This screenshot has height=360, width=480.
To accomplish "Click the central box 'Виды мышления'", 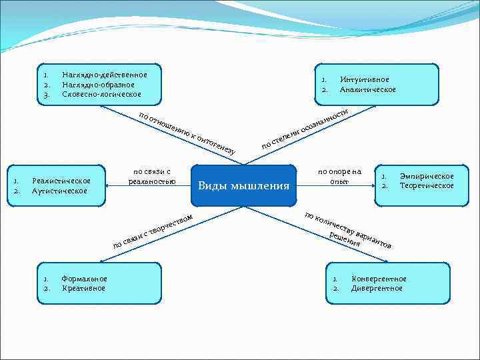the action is (243, 185).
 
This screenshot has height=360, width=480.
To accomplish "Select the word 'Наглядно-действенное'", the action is (104, 75).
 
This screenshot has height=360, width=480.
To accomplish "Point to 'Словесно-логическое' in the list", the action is (101, 94).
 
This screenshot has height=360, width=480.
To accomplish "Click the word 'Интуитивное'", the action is (364, 79).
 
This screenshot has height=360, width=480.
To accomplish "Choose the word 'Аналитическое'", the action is (367, 89).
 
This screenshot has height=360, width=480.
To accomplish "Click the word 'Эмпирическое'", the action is (426, 176).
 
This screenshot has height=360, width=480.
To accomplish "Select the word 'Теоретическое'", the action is (426, 185).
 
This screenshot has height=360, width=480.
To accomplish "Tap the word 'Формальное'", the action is (84, 279).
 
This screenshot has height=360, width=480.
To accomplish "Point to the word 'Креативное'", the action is (83, 288).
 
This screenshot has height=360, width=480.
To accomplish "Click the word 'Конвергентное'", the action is (379, 279).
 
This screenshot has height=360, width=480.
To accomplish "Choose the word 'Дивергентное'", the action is (377, 288).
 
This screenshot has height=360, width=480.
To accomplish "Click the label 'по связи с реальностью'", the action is (152, 177).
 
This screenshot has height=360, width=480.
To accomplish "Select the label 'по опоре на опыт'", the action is (339, 177).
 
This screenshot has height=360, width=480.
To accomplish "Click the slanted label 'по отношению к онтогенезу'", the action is (187, 132).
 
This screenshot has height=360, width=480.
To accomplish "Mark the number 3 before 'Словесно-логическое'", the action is (46, 94).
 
